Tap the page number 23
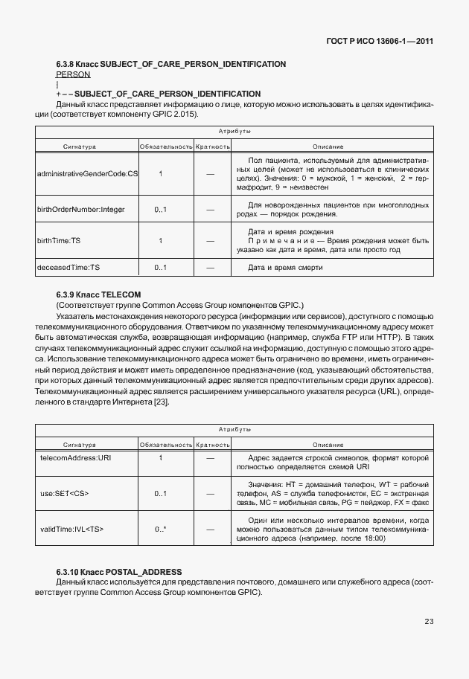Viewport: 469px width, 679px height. click(428, 622)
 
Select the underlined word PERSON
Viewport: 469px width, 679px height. click(73, 74)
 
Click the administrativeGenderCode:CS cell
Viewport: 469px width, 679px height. click(87, 174)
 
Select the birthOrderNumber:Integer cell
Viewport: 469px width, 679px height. click(81, 210)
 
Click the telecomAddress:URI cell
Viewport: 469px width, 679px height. click(75, 457)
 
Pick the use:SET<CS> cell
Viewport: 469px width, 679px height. click(65, 493)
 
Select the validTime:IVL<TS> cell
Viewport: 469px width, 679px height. click(71, 529)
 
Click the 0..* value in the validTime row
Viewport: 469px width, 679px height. click(160, 529)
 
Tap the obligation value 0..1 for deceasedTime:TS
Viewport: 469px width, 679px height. click(160, 267)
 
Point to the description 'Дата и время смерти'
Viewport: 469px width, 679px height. click(286, 267)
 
